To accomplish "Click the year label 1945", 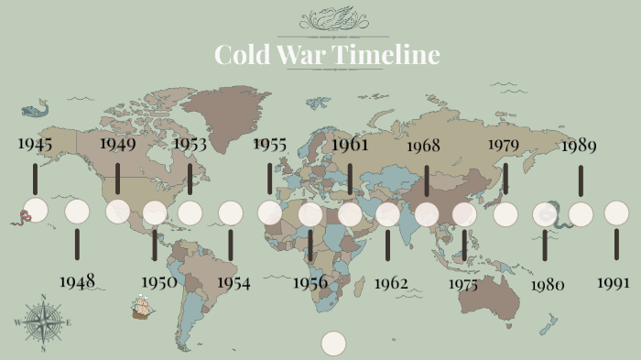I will [x=34, y=144].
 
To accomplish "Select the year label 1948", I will [x=77, y=281].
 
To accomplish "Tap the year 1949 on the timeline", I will [x=117, y=144].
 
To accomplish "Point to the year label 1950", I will [x=159, y=281].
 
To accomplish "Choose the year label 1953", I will [x=190, y=144].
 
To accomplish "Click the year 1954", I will [x=234, y=282].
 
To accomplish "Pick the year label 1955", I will [x=270, y=144].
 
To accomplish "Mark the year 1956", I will [x=310, y=282].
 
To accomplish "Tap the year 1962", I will [x=391, y=283].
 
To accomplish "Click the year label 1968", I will [x=423, y=145].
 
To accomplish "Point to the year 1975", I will [x=463, y=284].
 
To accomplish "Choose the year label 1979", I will [x=504, y=145].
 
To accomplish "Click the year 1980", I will [x=547, y=284].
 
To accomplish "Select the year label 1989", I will [x=580, y=145].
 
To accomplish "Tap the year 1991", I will [x=613, y=282].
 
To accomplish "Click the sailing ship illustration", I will [x=141, y=306].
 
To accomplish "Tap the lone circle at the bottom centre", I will [x=334, y=343].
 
